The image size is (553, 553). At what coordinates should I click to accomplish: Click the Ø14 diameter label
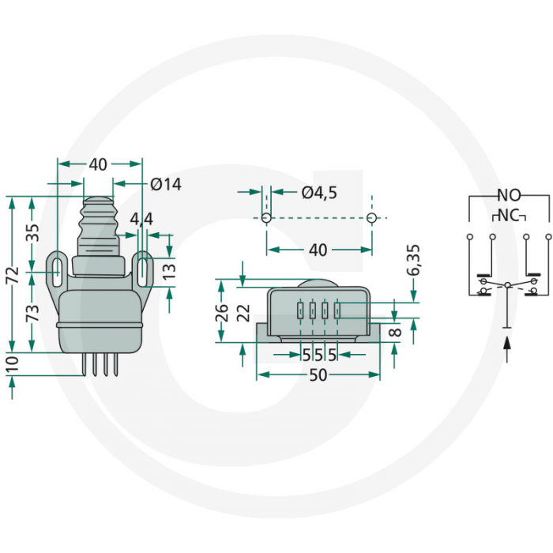pyautogui.click(x=166, y=184)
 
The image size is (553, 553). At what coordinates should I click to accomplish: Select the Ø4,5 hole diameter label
pyautogui.click(x=319, y=193)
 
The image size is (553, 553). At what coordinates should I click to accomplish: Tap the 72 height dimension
pyautogui.click(x=11, y=274)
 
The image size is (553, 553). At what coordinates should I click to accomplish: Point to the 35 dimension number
pyautogui.click(x=32, y=234)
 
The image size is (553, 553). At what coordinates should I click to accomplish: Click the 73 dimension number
pyautogui.click(x=32, y=312)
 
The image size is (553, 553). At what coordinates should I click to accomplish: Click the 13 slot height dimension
pyautogui.click(x=170, y=272)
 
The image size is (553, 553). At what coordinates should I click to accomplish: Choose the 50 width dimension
pyautogui.click(x=318, y=376)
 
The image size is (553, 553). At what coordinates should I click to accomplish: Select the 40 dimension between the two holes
pyautogui.click(x=318, y=250)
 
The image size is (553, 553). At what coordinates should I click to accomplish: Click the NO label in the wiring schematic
pyautogui.click(x=508, y=195)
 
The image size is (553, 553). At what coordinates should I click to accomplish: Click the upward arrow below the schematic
pyautogui.click(x=506, y=348)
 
